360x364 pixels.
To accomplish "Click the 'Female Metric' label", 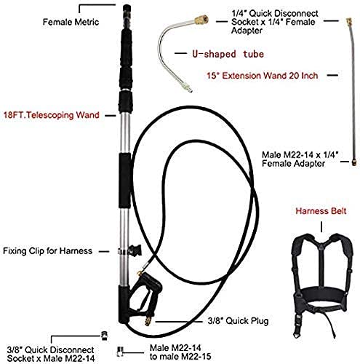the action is (x=71, y=22).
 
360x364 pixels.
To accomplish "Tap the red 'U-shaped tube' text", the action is (x=228, y=54).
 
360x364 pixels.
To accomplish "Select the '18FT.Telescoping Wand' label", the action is (x=52, y=115).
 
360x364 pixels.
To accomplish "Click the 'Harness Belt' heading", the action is (x=321, y=211).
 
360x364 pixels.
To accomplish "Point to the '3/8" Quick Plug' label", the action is (x=238, y=321).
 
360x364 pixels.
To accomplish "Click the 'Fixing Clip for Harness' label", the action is (x=47, y=251).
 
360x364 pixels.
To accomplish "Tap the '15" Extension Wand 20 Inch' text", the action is (x=263, y=76).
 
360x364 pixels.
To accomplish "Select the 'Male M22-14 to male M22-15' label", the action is (x=180, y=352).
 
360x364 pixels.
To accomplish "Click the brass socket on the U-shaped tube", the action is (x=201, y=20).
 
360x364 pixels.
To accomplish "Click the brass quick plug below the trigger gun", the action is (x=148, y=320).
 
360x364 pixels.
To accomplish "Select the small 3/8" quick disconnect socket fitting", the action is (x=105, y=336).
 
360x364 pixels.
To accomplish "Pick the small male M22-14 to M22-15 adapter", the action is (x=120, y=351).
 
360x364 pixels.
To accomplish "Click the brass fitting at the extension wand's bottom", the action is (x=354, y=162).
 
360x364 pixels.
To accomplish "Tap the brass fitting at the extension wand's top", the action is (x=349, y=22).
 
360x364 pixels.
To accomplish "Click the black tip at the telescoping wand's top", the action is (x=127, y=9).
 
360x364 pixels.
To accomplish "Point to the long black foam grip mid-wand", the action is (x=125, y=181).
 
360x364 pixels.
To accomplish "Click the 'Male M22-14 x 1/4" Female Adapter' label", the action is (x=300, y=159).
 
